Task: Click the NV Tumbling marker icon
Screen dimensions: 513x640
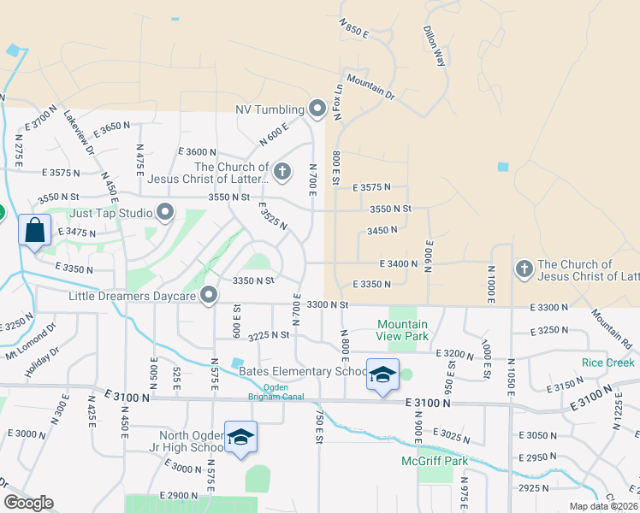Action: (317, 109)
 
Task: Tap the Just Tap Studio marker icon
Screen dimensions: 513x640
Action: (165, 211)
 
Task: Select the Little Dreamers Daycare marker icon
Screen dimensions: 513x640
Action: (209, 296)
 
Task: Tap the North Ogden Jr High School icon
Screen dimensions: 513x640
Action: (241, 437)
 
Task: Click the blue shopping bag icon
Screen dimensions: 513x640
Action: (34, 231)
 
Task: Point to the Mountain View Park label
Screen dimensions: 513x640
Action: (403, 330)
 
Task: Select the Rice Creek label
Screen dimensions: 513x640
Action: (608, 363)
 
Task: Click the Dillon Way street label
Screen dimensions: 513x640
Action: (436, 45)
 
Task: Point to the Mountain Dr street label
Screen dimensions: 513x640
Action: (370, 87)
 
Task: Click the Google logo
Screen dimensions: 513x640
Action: (28, 503)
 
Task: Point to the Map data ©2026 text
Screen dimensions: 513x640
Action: (602, 506)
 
